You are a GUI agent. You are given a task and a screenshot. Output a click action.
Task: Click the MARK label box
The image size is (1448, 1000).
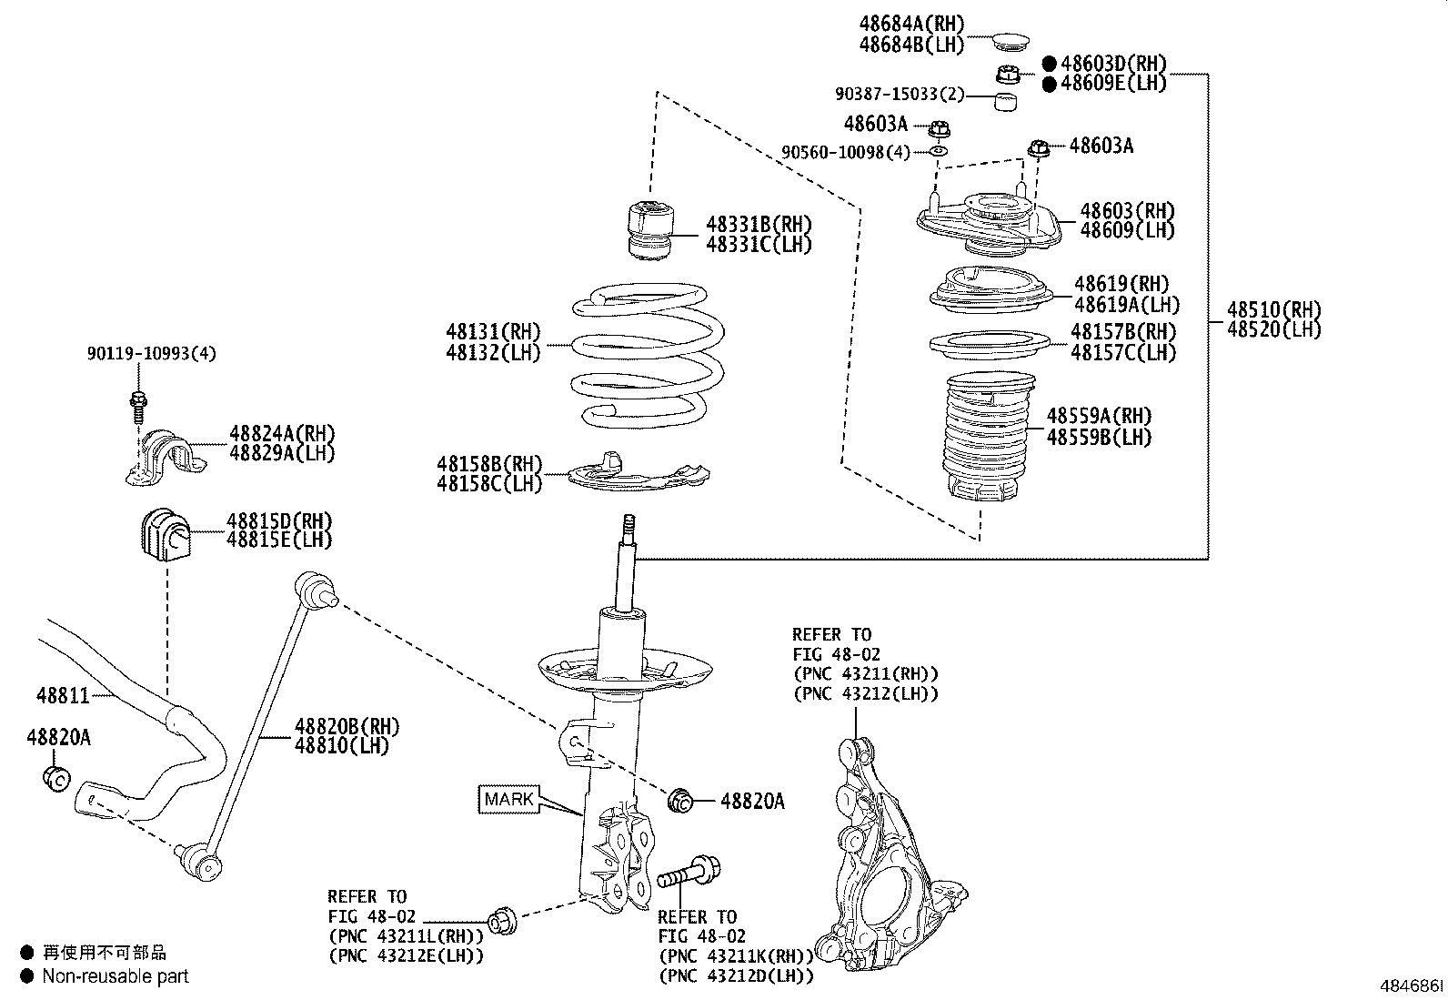[x=508, y=799]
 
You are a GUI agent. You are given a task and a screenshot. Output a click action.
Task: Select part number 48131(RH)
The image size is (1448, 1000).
[x=493, y=332]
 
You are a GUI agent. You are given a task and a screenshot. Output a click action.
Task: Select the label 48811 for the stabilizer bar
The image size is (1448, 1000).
[x=63, y=696]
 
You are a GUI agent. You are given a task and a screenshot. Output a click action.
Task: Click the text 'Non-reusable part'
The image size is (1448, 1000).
[x=116, y=976]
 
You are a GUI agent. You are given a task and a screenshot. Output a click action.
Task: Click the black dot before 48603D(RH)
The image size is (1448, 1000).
[x=1049, y=64]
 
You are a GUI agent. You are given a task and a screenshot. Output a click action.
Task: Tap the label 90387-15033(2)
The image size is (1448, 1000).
[x=899, y=95]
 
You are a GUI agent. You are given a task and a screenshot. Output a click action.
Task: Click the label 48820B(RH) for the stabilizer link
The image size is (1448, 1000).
[x=347, y=726]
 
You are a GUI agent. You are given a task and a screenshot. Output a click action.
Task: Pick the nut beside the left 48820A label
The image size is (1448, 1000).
[x=56, y=778]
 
